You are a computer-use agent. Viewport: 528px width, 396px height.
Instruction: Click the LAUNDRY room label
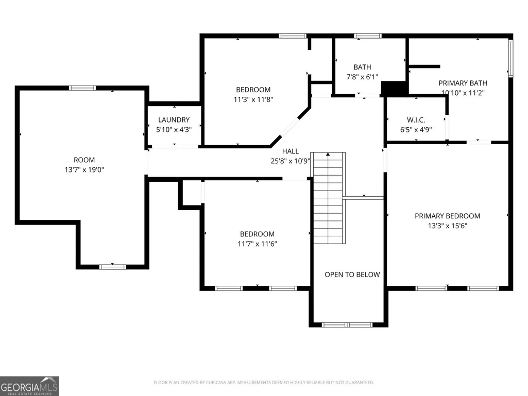coord(174,120)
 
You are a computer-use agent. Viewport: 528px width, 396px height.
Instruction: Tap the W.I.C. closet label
coord(416,120)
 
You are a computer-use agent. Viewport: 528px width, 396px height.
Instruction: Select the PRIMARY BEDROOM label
coord(448,216)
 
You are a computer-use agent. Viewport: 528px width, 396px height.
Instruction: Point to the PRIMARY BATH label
coord(463,83)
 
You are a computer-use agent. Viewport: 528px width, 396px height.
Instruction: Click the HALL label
coord(290,151)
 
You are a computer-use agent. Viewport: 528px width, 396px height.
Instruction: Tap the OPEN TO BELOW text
coord(352,275)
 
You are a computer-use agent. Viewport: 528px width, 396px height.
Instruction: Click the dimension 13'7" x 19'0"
coord(84,170)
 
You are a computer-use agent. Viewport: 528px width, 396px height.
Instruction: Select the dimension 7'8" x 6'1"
coord(362,77)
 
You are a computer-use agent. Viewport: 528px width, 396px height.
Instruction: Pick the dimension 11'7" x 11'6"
coord(257,244)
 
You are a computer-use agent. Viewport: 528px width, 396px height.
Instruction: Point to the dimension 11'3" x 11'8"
coord(253,100)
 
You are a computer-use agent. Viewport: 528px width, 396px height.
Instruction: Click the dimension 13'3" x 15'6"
coord(448,226)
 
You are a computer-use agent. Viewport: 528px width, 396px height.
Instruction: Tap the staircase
coord(328,198)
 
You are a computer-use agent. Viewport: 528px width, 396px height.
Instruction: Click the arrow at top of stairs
coord(328,154)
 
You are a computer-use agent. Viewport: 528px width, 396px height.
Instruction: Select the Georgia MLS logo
coord(29,386)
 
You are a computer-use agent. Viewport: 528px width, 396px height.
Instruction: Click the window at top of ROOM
coord(82,88)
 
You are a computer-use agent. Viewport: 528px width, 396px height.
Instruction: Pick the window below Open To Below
coord(347,325)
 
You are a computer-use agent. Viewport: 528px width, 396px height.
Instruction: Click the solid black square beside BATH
coord(394,89)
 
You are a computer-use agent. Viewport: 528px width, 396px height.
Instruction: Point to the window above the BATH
coord(368,36)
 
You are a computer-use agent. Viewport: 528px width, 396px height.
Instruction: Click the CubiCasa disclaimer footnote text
coord(264,383)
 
